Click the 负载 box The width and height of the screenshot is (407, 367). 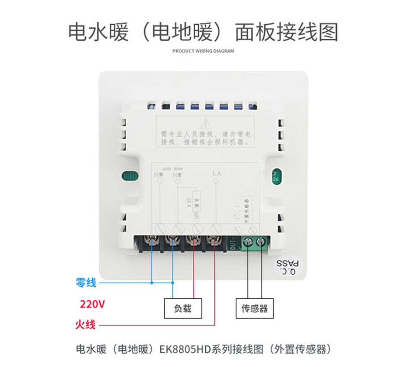[183, 308]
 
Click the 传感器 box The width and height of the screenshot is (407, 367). [254, 308]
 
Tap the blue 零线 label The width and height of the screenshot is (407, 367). [86, 283]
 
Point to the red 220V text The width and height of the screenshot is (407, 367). [92, 304]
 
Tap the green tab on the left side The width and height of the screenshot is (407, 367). [130, 177]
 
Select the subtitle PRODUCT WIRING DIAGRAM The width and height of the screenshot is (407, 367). [203, 51]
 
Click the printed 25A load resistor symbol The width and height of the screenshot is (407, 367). [197, 202]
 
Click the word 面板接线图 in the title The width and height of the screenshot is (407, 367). [287, 32]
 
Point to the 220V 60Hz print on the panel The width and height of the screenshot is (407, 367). [173, 169]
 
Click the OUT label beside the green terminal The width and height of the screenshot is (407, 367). [233, 243]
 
